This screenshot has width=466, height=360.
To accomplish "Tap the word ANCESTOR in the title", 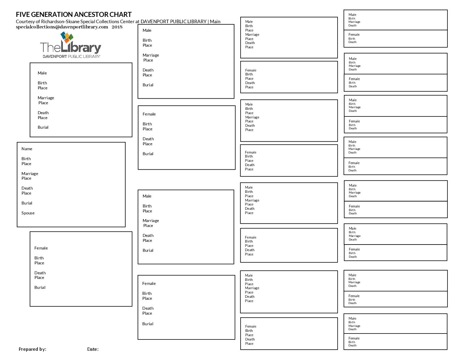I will point(90,15).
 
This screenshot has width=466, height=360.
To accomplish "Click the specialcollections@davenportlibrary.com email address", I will point(62,27).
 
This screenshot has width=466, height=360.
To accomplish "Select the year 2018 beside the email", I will point(117,27).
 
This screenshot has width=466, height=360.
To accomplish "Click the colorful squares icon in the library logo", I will point(67,37).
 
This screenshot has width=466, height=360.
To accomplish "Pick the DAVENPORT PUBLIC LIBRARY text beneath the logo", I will point(71,56).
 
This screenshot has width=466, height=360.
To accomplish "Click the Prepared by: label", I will point(32,349).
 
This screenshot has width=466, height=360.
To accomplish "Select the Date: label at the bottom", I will point(93,349).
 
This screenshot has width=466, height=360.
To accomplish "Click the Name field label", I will point(27,149).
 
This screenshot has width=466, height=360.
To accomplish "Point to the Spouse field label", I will point(28,213).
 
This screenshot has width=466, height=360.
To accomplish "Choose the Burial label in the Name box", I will point(27,203).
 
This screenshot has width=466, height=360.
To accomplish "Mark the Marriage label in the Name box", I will point(30,174).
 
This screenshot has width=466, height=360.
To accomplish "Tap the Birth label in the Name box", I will point(26,159).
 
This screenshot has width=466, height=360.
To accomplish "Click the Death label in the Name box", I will point(27,188).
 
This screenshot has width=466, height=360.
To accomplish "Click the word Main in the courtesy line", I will point(215,22).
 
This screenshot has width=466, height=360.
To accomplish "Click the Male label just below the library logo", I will point(42,73).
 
